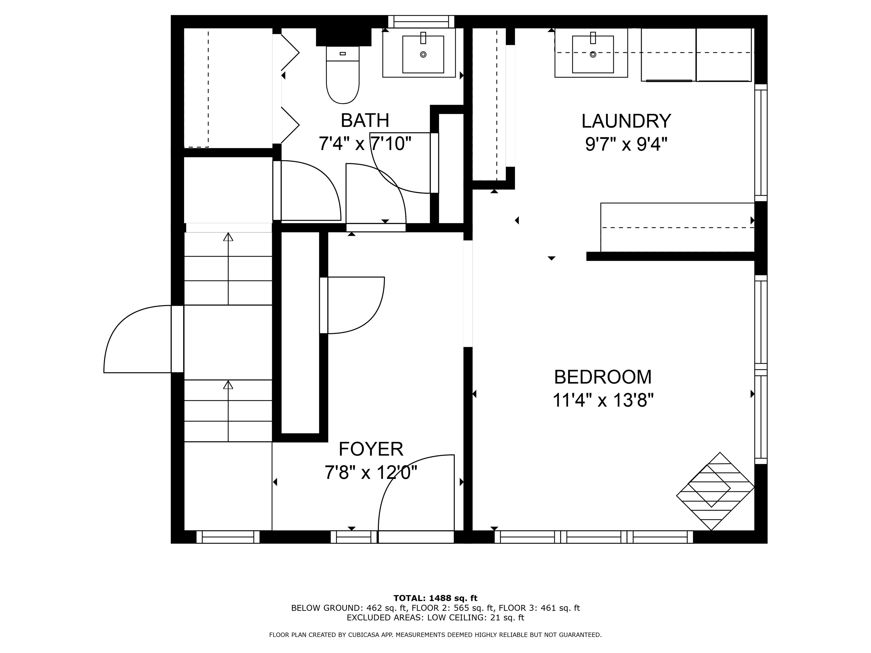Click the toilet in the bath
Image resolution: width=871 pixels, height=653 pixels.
[343, 75]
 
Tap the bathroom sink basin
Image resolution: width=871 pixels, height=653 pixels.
[423, 54]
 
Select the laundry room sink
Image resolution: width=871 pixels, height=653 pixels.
[593, 54]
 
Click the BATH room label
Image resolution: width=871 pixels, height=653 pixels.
[365, 120]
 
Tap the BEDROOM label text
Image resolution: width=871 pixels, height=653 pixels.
[603, 377]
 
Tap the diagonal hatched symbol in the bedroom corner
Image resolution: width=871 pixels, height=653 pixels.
[715, 491]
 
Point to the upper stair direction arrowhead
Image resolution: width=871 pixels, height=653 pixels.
[228, 237]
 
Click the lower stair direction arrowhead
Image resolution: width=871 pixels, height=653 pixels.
[228, 385]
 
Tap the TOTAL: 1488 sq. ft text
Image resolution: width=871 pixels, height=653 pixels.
[435, 598]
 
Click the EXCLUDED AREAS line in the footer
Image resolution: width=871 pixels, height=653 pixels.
[435, 618]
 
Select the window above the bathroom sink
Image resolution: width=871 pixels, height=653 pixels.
[421, 21]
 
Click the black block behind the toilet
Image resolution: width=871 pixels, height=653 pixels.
[343, 37]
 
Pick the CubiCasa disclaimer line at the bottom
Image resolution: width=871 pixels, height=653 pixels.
[435, 635]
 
